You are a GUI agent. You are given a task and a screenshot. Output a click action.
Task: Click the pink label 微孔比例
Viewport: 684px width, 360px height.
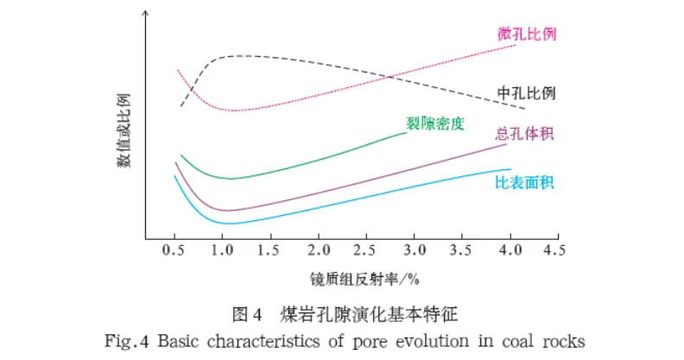tap(526, 35)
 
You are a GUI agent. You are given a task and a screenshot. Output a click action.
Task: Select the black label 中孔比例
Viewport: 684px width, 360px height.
tap(525, 93)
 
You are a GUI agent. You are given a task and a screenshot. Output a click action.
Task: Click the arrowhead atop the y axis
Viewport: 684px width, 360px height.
tap(146, 13)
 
